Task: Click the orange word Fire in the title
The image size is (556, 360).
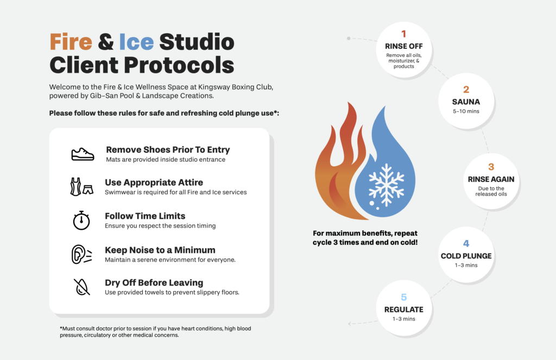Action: [x=71, y=42]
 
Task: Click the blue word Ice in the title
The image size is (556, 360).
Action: [x=136, y=42]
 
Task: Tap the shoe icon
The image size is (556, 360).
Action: [x=83, y=154]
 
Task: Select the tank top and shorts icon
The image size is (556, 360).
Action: [x=81, y=187]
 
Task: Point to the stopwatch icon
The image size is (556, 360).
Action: [x=81, y=220]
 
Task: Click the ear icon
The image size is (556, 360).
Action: [x=81, y=254]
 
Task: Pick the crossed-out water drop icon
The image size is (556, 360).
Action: [x=82, y=287]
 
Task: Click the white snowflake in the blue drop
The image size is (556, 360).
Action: [x=386, y=185]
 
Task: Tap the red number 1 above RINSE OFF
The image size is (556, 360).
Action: [x=403, y=34]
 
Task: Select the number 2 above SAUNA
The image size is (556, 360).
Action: [x=466, y=90]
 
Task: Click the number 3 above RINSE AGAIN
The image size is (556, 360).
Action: [x=491, y=167]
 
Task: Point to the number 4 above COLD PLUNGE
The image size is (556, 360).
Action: [x=466, y=243]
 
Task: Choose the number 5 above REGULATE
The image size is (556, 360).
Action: [x=403, y=297]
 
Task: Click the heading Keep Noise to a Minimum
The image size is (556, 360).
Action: [x=160, y=250]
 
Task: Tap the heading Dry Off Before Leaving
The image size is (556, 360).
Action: [x=154, y=283]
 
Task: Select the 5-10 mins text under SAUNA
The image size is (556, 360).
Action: [x=466, y=111]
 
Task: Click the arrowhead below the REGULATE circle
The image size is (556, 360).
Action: [x=350, y=324]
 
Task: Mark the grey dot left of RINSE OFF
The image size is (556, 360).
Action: [x=349, y=39]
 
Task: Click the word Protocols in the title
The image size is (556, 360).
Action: [x=179, y=65]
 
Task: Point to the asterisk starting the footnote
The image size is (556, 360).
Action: [x=61, y=328]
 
